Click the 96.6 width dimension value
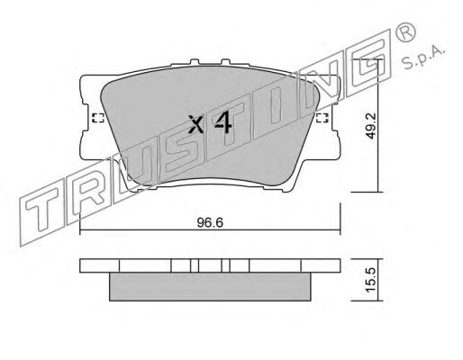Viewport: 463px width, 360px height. (210, 223)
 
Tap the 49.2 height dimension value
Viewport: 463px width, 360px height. (371, 126)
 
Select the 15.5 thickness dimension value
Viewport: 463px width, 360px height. (371, 280)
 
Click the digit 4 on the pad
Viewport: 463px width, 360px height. (222, 122)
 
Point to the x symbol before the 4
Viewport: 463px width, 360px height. (196, 124)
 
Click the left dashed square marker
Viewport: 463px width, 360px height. (97, 118)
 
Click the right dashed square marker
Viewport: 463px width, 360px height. (322, 118)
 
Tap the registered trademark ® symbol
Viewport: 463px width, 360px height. (406, 32)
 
